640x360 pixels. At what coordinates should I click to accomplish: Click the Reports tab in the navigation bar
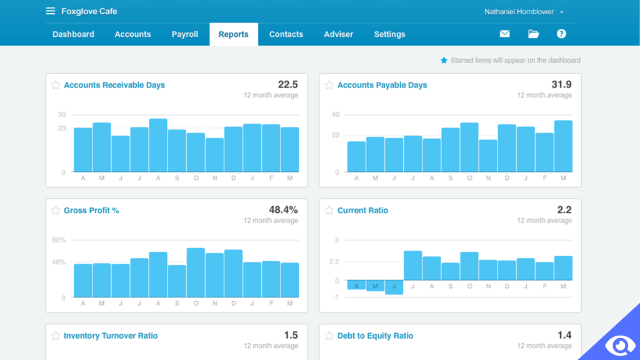pos(233,34)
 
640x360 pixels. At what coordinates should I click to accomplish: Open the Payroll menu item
pos(185,34)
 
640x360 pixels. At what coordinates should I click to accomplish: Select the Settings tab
pos(389,34)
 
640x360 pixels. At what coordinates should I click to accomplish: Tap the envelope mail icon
pos(504,34)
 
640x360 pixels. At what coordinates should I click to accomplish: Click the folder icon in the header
pos(533,34)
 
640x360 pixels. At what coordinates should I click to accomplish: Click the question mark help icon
pos(561,34)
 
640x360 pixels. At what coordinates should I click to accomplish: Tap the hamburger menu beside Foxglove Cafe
pos(51,11)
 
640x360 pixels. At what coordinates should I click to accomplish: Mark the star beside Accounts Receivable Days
pos(56,85)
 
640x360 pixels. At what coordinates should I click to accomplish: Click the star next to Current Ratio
pos(329,211)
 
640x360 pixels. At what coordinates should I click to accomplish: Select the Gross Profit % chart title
pos(91,211)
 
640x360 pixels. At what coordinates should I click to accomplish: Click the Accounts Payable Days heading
pos(382,85)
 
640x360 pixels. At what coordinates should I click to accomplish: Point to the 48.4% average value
pos(282,210)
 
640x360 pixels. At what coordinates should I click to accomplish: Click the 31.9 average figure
pos(561,84)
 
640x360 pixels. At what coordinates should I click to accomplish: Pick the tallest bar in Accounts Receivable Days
pos(158,146)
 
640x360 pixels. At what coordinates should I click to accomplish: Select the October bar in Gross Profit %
pos(196,273)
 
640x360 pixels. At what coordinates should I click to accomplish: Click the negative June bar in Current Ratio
pos(394,287)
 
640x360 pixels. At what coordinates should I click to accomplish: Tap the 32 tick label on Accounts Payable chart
pos(335,135)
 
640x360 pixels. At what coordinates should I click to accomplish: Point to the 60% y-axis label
pos(59,240)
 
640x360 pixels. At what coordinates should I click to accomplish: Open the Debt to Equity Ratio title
pos(375,336)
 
